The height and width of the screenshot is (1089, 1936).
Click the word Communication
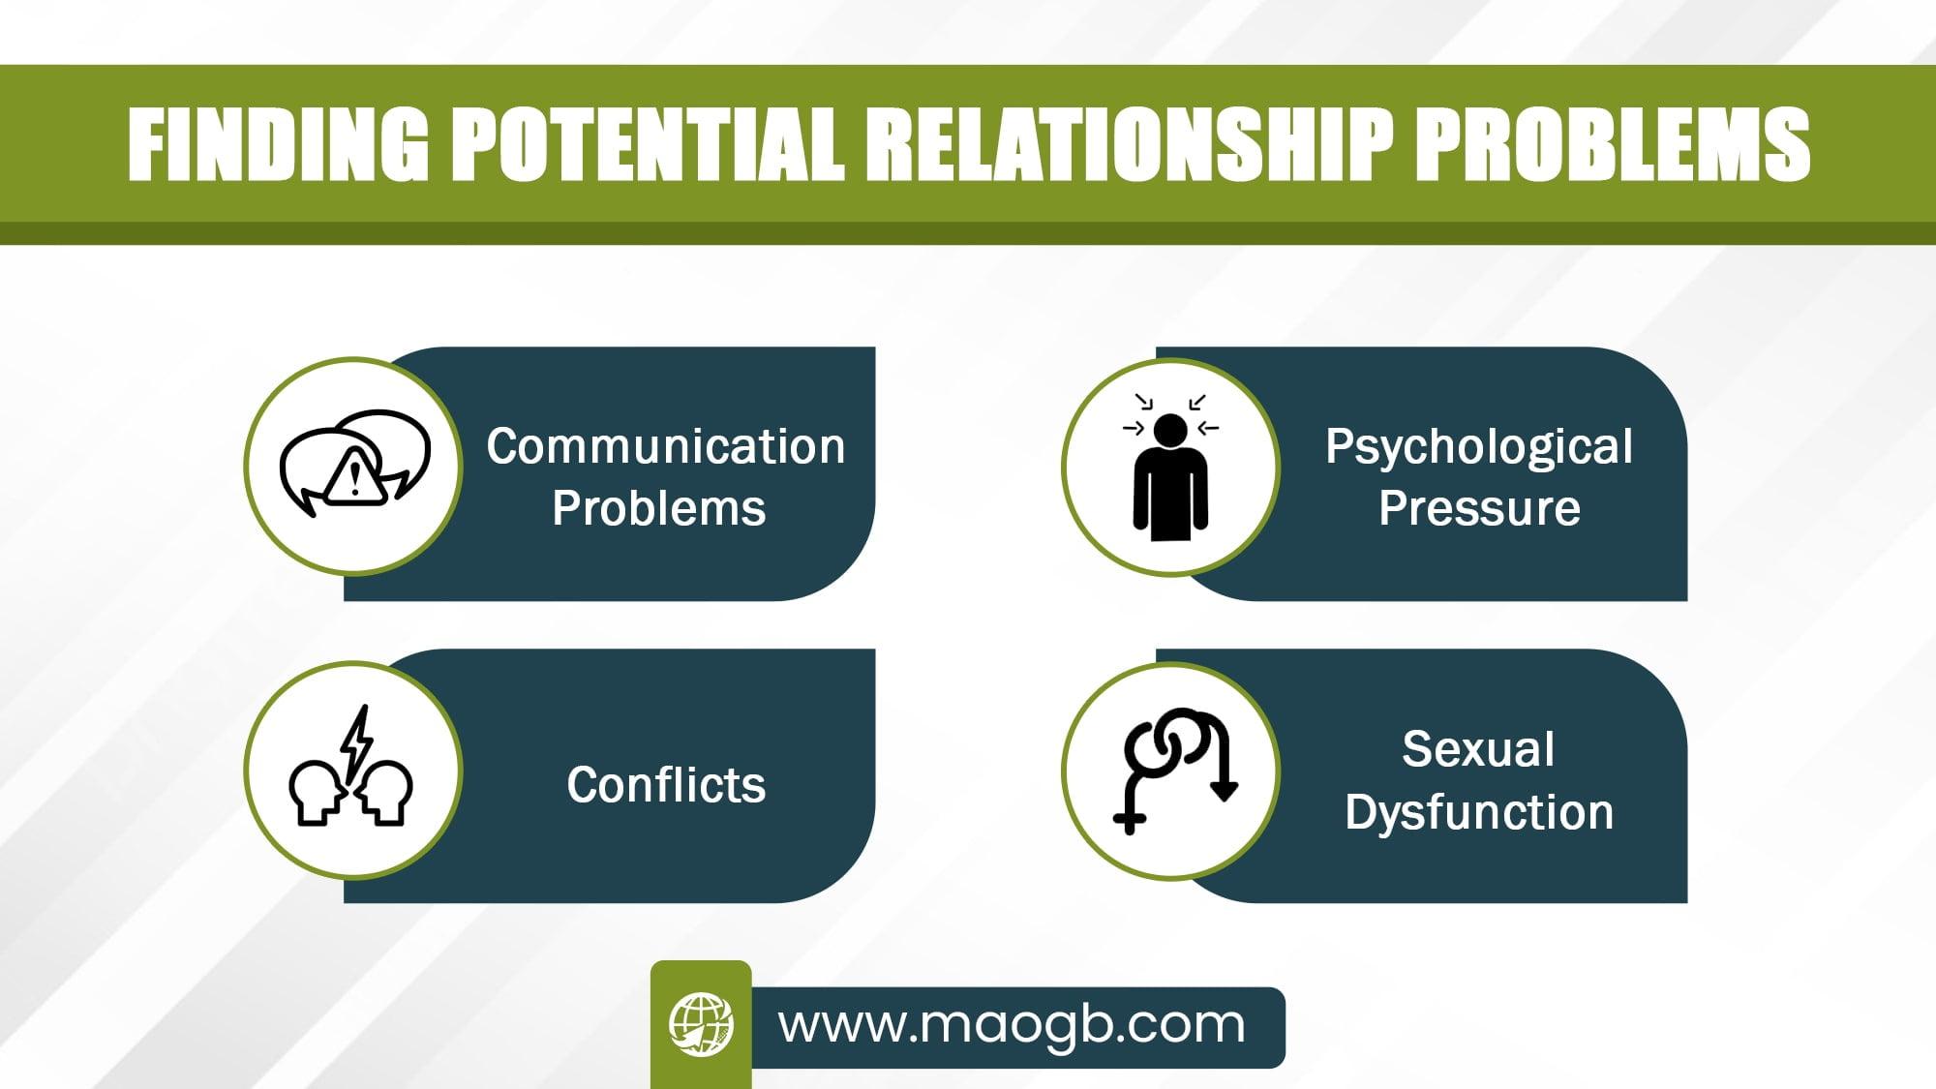click(666, 446)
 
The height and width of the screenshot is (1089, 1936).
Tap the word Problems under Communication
click(659, 508)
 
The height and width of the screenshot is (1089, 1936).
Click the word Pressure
click(1479, 508)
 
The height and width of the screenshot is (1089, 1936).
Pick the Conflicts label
click(666, 784)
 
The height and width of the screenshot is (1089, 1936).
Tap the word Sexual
click(1478, 749)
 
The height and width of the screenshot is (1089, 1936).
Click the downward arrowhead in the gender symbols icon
click(1225, 789)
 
